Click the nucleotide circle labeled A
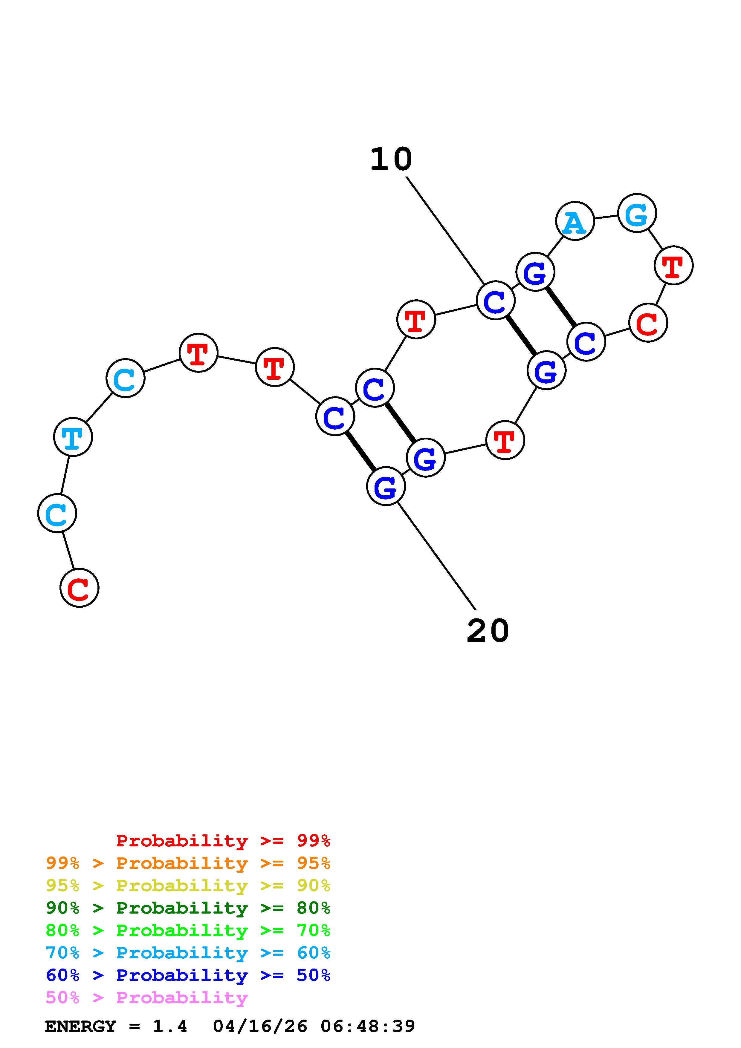575,221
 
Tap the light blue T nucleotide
73,437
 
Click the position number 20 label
488,631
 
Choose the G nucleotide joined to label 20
386,487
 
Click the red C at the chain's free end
80,588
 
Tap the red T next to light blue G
673,265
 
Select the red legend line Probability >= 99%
223,841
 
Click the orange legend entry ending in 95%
188,863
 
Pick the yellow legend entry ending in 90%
188,885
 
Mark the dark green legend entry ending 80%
188,908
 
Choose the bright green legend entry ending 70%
188,930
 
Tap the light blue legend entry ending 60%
188,953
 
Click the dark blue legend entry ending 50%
188,975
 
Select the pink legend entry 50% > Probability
147,997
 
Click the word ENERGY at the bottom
80,1026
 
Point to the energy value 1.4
170,1026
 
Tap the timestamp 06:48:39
368,1026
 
